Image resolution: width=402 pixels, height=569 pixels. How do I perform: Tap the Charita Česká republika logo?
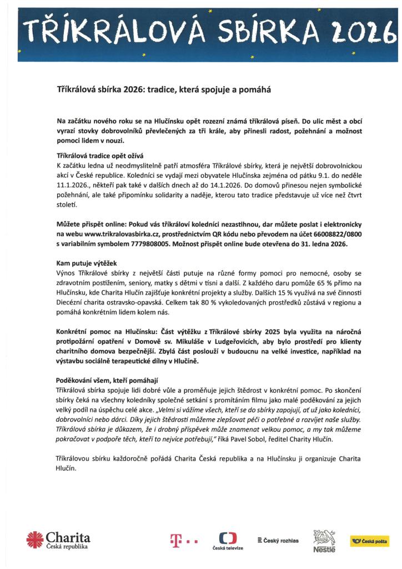pos(58,539)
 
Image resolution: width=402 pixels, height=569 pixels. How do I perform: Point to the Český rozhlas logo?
pos(278,540)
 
